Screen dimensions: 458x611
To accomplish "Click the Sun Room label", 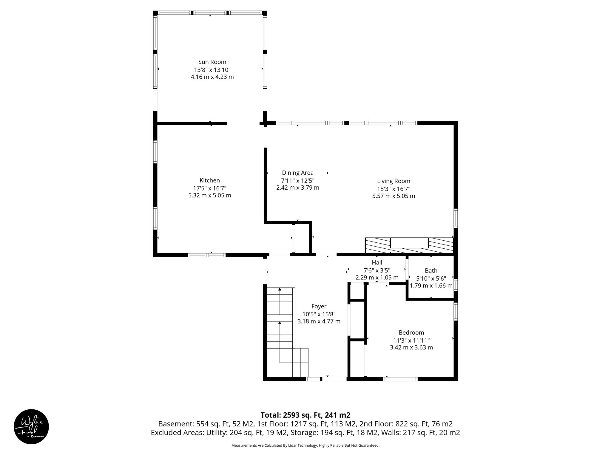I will (212, 62).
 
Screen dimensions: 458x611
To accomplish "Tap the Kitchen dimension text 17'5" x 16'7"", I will (209, 188).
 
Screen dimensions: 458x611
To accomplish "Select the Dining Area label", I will (297, 173).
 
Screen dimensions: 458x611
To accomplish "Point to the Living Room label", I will (393, 181).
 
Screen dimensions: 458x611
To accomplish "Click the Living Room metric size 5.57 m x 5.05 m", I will (393, 196).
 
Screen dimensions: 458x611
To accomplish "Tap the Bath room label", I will (431, 271).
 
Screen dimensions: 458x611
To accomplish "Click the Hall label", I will (377, 263).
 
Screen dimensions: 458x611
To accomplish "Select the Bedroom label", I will (411, 332).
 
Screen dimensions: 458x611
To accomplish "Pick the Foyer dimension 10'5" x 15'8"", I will (319, 314).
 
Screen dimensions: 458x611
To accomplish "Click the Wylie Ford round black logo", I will (31, 426).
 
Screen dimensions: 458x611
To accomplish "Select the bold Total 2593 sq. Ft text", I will (305, 415).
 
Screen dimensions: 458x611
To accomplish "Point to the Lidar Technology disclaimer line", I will (305, 445).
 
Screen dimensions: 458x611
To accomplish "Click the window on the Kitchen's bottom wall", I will (207, 255).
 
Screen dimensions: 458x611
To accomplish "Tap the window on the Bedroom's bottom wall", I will (400, 379).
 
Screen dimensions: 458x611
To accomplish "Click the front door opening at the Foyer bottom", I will (334, 379).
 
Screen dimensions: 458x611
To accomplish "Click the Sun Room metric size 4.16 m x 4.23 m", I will (212, 77).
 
